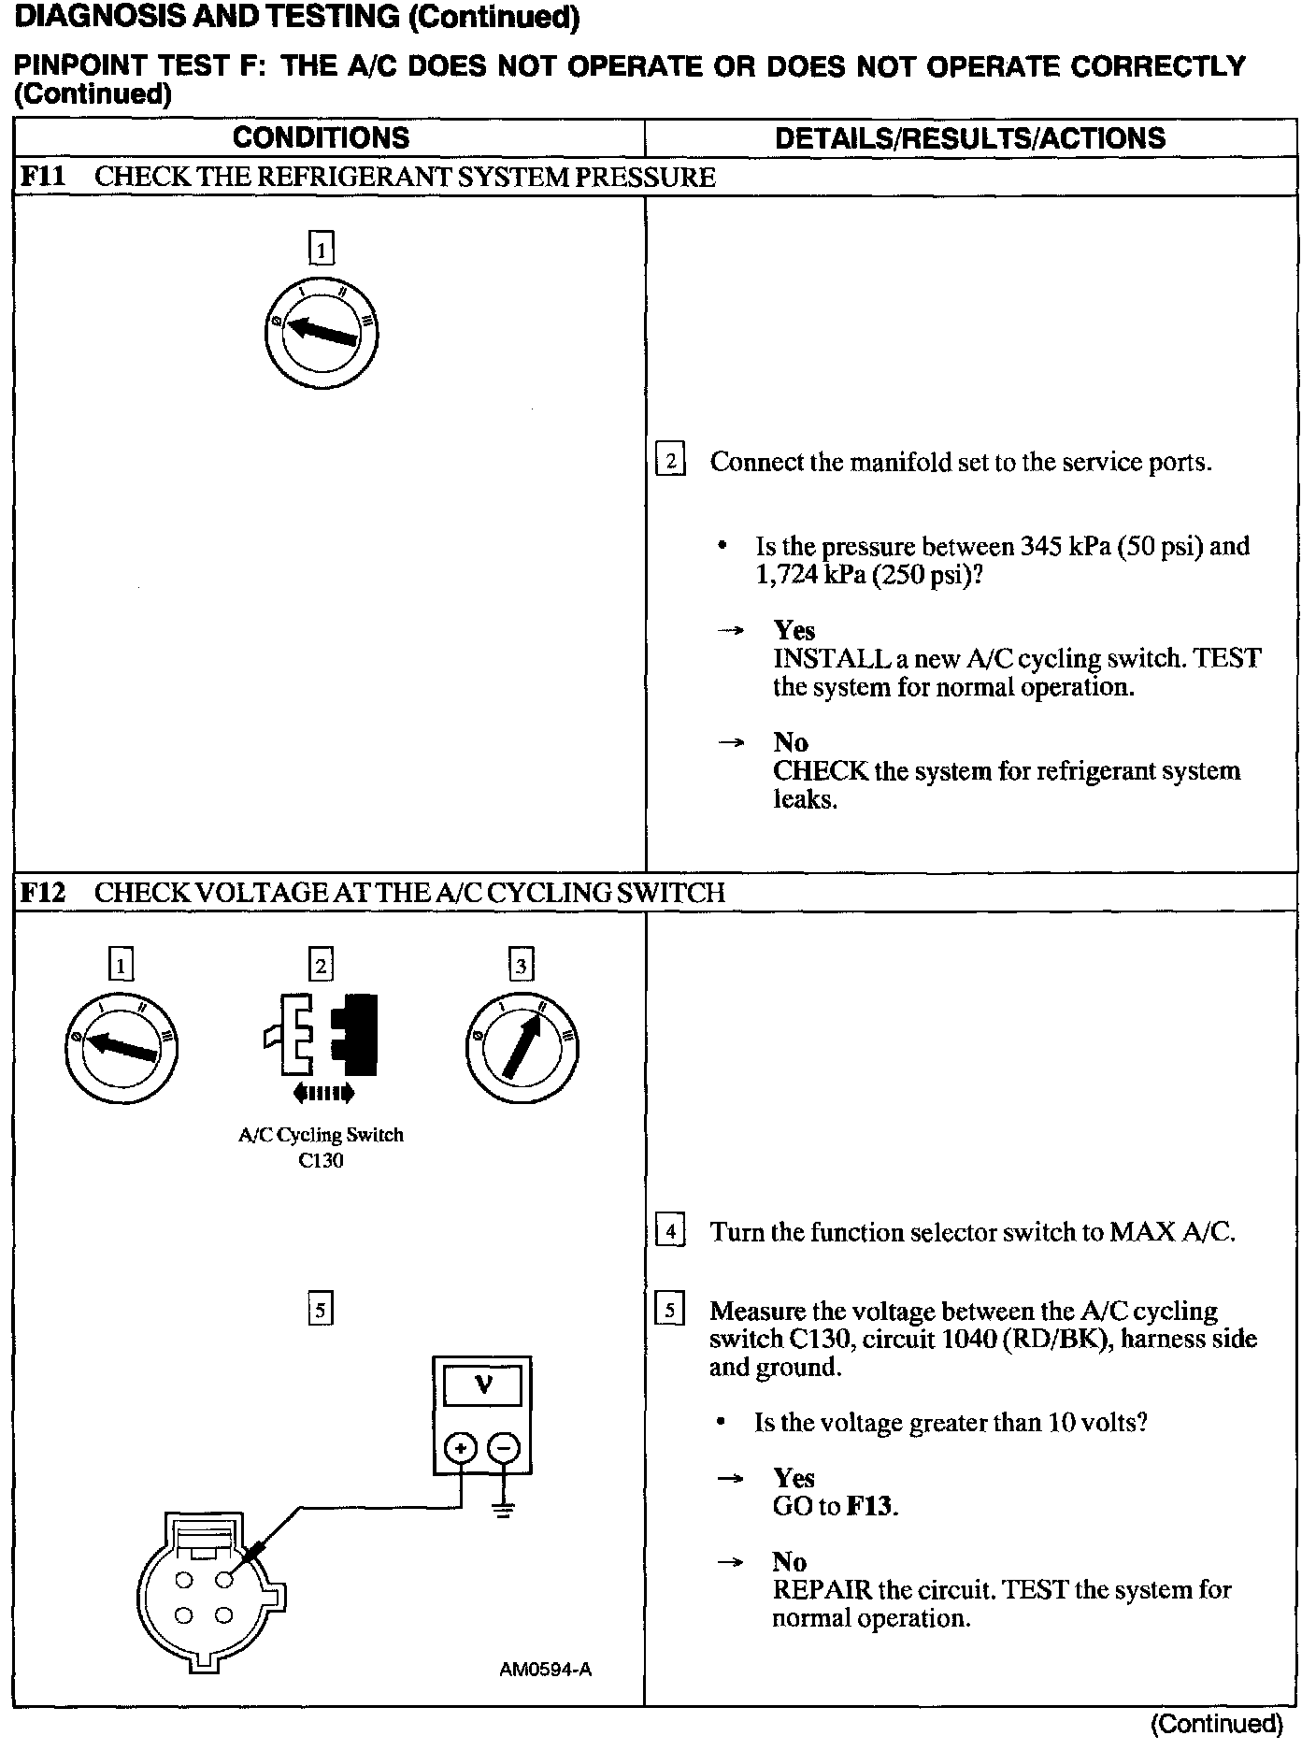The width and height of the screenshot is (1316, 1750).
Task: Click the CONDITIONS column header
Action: point(321,138)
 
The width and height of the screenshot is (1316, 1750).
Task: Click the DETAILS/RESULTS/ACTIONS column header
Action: point(970,138)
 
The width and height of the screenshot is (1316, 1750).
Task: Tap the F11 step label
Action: point(43,177)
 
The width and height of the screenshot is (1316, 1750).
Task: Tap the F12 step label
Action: point(43,892)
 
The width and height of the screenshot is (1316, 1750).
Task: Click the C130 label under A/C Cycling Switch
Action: point(321,1160)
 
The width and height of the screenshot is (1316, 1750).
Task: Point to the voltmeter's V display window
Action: point(482,1384)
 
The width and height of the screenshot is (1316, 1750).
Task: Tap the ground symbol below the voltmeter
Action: point(504,1509)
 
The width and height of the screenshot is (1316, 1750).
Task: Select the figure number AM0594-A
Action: point(545,1669)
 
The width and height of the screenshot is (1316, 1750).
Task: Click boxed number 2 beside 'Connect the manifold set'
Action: point(670,462)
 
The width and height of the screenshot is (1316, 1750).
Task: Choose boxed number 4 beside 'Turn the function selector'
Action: point(670,1231)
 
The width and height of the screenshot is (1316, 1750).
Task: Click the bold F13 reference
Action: point(870,1506)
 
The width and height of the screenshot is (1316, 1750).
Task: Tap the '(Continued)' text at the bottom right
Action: point(1217,1723)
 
